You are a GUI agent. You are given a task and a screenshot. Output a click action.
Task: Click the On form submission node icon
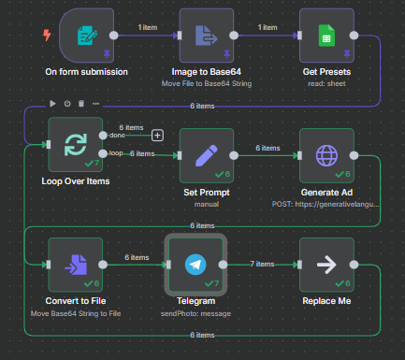86,36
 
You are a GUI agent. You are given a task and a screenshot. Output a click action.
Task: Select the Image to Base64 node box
208,36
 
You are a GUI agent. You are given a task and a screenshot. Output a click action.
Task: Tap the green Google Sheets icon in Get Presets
326,36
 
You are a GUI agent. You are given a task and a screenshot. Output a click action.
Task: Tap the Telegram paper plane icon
195,264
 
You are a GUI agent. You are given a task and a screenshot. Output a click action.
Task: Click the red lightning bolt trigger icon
47,36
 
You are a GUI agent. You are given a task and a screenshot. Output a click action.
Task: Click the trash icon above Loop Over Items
80,103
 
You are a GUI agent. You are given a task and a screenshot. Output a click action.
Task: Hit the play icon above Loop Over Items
52,103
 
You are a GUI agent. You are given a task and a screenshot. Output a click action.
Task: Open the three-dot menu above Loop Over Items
94,103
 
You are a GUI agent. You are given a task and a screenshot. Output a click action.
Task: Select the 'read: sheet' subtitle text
327,83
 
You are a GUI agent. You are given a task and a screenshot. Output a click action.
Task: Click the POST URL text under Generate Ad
327,200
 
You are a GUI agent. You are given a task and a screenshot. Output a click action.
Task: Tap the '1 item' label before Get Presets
268,27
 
